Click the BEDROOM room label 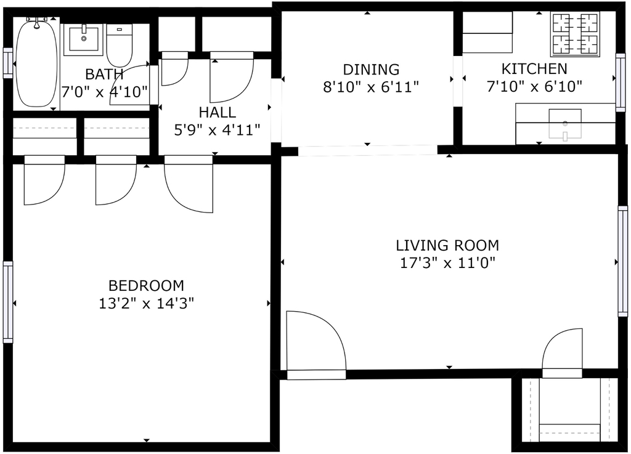pyautogui.click(x=147, y=285)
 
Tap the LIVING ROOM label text pyautogui.click(x=447, y=245)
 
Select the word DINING pyautogui.click(x=371, y=70)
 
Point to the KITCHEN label pyautogui.click(x=534, y=69)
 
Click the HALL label pyautogui.click(x=218, y=112)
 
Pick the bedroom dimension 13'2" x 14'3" pyautogui.click(x=147, y=303)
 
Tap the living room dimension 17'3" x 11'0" pyautogui.click(x=447, y=263)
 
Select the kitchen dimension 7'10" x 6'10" pyautogui.click(x=534, y=86)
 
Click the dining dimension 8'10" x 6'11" pyautogui.click(x=371, y=87)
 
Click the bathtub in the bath pyautogui.click(x=36, y=63)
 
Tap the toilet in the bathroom pyautogui.click(x=120, y=46)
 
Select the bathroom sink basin pyautogui.click(x=84, y=39)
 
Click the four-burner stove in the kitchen pyautogui.click(x=575, y=34)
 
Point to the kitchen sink pyautogui.click(x=565, y=124)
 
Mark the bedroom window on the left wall pyautogui.click(x=8, y=302)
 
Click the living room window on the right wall pyautogui.click(x=622, y=261)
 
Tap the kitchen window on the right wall pyautogui.click(x=620, y=83)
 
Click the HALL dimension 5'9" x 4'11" pyautogui.click(x=218, y=130)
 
